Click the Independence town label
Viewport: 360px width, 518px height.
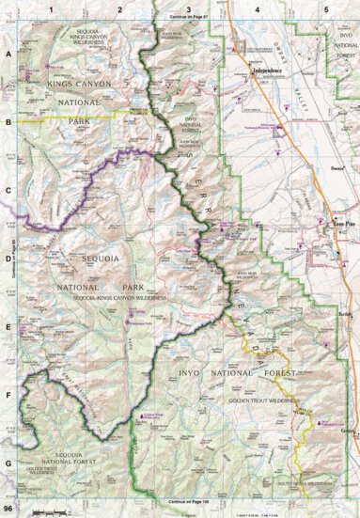pyautogui.click(x=269, y=72)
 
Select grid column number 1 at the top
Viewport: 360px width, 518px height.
pyautogui.click(x=50, y=8)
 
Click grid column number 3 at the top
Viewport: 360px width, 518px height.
pyautogui.click(x=190, y=8)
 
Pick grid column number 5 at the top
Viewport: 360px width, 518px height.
pyautogui.click(x=326, y=8)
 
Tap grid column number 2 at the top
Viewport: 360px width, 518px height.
pyautogui.click(x=120, y=8)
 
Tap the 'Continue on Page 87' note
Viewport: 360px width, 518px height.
pyautogui.click(x=180, y=17)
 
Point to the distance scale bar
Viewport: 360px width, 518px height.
pyautogui.click(x=46, y=510)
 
